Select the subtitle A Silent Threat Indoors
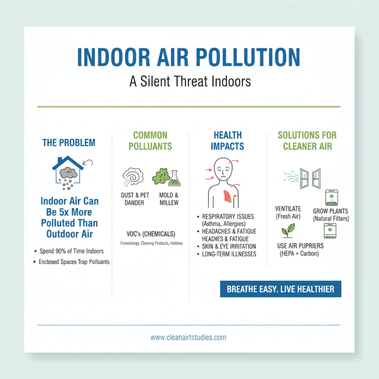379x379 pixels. [189, 81]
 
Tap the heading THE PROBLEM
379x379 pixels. [68, 143]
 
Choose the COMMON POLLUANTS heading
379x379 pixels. [150, 140]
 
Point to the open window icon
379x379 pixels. [310, 177]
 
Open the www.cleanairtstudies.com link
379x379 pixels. [189, 338]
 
